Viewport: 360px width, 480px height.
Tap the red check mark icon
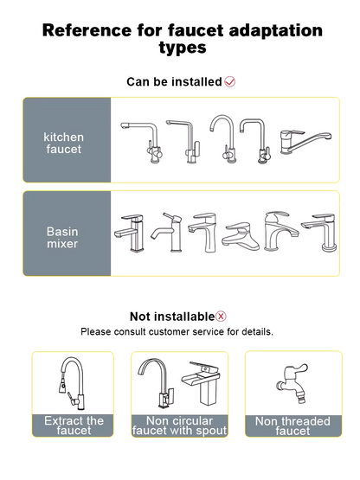(x=230, y=82)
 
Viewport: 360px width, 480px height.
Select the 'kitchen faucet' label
(x=64, y=143)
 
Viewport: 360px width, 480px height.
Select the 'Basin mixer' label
(x=63, y=237)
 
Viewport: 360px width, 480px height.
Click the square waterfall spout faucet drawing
(x=205, y=392)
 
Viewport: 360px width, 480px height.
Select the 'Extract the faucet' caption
(x=74, y=426)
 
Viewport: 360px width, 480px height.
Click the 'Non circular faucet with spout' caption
(x=179, y=426)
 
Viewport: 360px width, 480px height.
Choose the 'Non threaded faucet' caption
(x=292, y=426)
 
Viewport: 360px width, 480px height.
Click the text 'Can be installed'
(x=174, y=82)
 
